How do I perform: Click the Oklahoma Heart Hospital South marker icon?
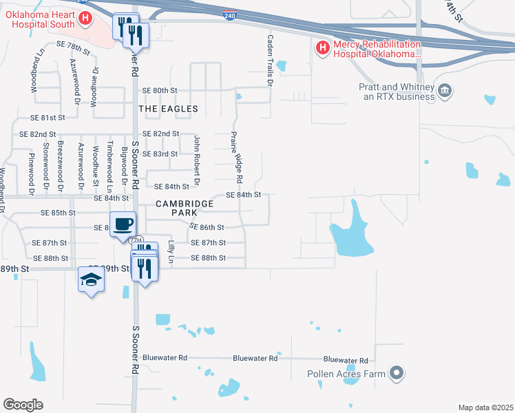coord(85,19)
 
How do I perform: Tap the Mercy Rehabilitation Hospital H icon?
coord(322,48)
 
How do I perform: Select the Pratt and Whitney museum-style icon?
coord(445,91)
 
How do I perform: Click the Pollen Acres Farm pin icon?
coord(396,374)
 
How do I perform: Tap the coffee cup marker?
coord(123,224)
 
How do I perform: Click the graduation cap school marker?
coord(92,279)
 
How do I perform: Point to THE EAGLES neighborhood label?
coord(168,109)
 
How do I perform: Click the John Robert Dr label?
coord(197,160)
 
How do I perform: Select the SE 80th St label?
coord(160,90)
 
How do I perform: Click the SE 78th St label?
coord(73,44)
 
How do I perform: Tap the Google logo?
coord(23,405)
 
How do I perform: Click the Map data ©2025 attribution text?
coord(485,407)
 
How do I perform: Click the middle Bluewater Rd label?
coord(255,358)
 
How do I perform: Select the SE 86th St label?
coord(207,227)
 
